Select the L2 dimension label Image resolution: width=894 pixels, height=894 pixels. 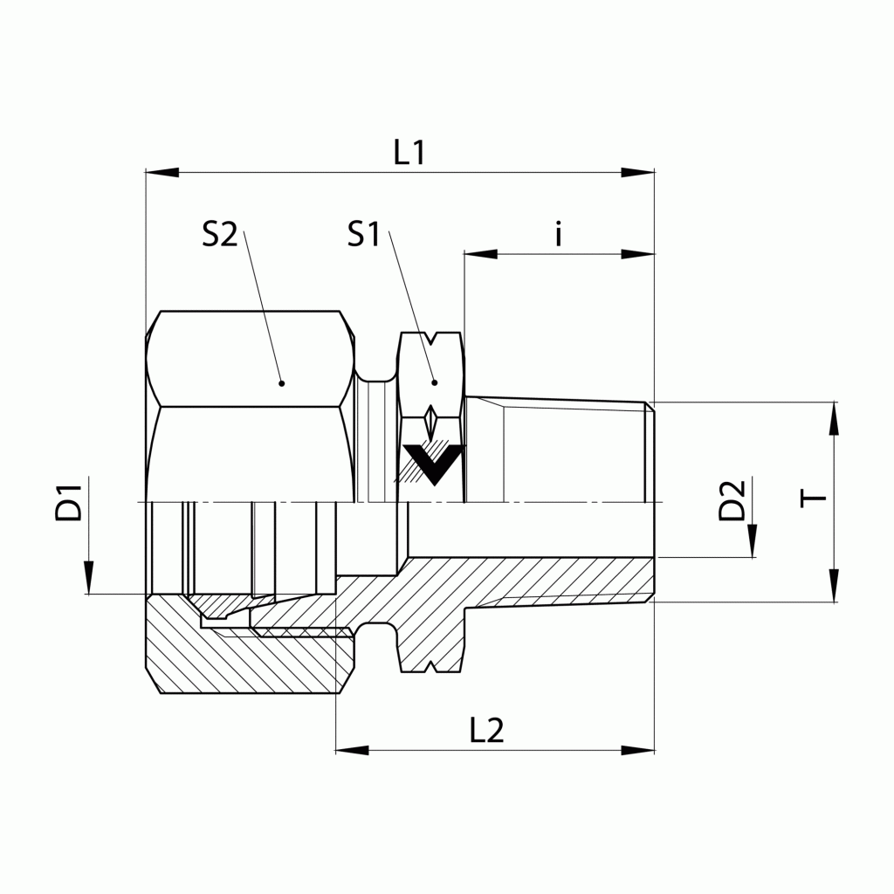(486, 730)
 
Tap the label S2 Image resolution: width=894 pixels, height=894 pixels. (219, 234)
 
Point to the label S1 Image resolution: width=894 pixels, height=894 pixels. (364, 234)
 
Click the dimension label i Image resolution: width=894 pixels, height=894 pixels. (559, 234)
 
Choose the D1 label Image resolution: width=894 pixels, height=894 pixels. (69, 501)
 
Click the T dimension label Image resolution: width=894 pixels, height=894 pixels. (815, 499)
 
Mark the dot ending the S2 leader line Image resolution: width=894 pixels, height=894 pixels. (281, 382)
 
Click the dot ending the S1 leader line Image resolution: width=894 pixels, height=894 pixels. (434, 382)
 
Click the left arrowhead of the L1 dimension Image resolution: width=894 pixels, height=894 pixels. (162, 173)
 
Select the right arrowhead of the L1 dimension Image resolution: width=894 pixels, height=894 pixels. (637, 173)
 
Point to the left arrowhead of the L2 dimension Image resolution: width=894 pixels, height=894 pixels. (353, 750)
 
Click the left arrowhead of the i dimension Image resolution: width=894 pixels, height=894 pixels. (481, 254)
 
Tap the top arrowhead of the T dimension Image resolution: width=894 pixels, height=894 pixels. (835, 418)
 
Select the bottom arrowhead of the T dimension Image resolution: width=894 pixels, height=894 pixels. (835, 586)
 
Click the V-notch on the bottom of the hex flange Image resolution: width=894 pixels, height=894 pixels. (430, 668)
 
